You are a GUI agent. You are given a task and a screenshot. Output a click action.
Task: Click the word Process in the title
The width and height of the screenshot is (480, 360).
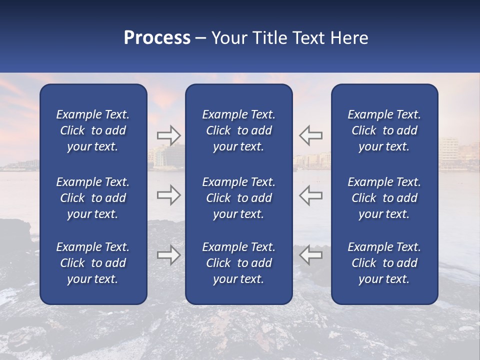pos(157,38)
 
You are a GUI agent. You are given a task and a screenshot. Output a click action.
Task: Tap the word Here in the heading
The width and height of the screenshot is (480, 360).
pos(349,38)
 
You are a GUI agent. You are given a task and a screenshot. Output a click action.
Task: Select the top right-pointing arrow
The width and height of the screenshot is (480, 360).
pos(168,135)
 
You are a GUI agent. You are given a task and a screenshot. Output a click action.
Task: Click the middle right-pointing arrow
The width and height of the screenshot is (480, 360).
pos(168,195)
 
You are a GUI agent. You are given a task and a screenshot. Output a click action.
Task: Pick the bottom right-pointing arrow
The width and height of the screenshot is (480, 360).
pos(168,255)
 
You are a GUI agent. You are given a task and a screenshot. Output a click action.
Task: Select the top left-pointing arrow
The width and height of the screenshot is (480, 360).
pos(311,135)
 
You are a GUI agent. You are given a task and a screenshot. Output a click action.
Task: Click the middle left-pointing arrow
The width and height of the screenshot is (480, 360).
pos(311,195)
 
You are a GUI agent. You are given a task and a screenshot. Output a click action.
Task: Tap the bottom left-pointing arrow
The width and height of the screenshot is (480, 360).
pos(311,255)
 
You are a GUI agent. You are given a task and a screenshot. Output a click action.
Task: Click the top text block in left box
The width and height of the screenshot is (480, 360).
pos(93,130)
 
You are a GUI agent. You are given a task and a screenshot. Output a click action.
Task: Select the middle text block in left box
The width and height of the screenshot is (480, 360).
pos(93,198)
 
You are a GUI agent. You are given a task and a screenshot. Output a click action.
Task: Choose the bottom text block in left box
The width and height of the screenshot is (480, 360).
pos(93,263)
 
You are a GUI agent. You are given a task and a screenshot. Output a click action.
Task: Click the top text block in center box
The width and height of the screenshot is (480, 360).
pos(238,130)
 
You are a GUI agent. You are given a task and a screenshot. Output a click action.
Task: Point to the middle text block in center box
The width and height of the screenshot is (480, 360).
pos(238,198)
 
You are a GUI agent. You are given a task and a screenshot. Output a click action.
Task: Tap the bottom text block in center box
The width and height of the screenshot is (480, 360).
pos(238,263)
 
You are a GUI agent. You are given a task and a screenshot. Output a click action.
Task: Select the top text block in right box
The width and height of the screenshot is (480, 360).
pos(384,130)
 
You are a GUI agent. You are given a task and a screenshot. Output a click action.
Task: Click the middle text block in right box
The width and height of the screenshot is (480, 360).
pos(384,198)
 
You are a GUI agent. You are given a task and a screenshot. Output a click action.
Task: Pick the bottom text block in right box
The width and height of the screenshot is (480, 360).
pos(384,263)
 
